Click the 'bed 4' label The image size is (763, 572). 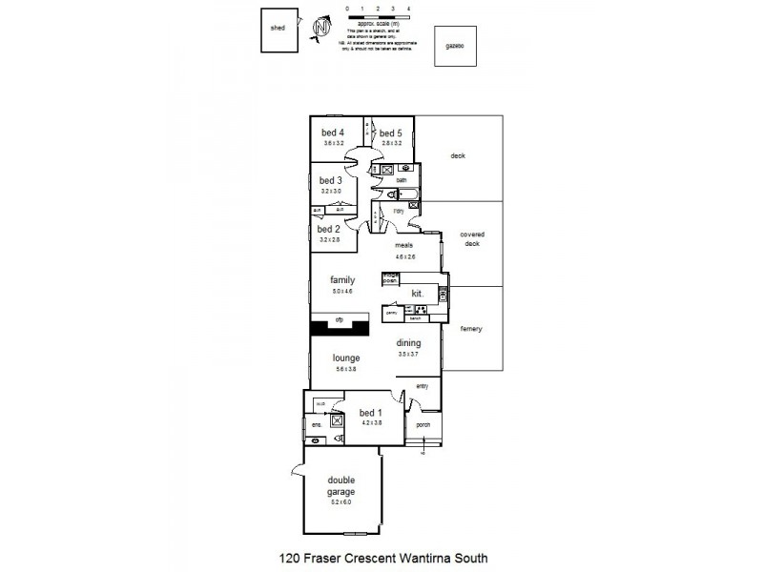(x=333, y=133)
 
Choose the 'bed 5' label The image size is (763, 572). (x=392, y=133)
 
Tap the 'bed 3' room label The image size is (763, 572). (x=330, y=180)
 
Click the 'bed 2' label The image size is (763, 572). (x=328, y=229)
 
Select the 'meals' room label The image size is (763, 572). (x=404, y=245)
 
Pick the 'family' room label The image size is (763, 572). (x=342, y=280)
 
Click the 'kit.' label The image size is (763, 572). (x=417, y=293)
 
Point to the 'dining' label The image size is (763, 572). (x=408, y=343)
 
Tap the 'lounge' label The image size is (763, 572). (x=345, y=358)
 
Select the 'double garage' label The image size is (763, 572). (x=340, y=486)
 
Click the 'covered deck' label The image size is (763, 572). (x=471, y=238)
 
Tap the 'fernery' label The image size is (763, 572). (x=471, y=329)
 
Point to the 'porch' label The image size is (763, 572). (x=423, y=425)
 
